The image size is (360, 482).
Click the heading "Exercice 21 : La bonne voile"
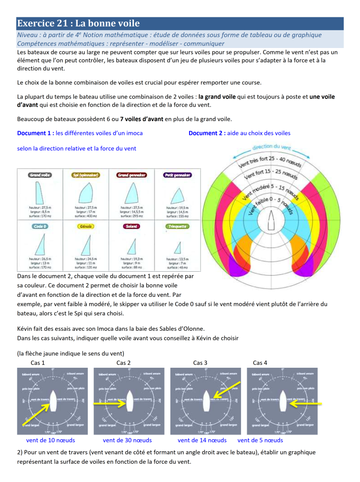(x=78, y=24)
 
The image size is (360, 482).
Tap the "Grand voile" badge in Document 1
(x=40, y=176)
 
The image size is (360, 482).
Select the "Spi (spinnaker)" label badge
(x=86, y=176)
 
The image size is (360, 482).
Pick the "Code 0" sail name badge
(x=40, y=226)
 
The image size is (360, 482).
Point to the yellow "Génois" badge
(x=86, y=226)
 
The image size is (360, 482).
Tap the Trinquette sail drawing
(x=177, y=247)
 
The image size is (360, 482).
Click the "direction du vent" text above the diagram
(x=272, y=147)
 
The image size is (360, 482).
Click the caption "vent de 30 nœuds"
(x=127, y=440)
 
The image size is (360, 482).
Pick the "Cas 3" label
(x=200, y=362)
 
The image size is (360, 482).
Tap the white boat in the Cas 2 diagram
(x=129, y=398)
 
